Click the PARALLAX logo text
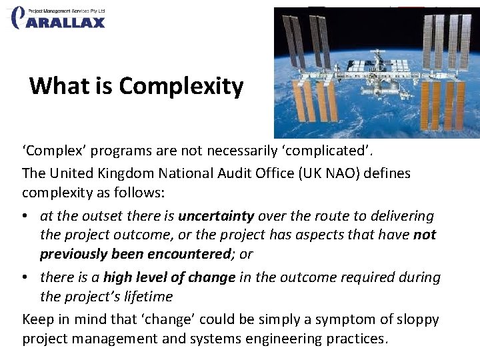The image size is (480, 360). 66,22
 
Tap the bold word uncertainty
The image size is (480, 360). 216,216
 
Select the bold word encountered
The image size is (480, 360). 190,253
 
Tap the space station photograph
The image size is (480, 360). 377,72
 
